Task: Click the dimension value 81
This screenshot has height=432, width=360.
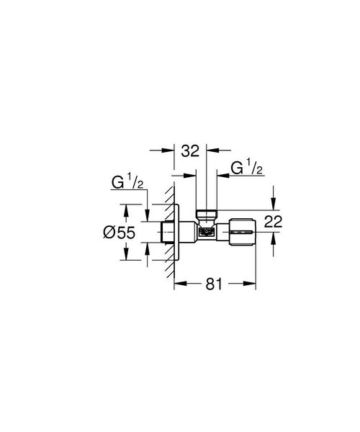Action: (215, 285)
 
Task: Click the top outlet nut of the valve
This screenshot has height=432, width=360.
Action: (206, 214)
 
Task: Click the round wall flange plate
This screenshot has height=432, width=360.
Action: (178, 233)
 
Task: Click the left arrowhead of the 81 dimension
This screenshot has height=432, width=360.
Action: (178, 284)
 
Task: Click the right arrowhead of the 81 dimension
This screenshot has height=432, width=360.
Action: (253, 284)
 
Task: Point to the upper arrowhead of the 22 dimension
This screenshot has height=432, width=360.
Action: (273, 210)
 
